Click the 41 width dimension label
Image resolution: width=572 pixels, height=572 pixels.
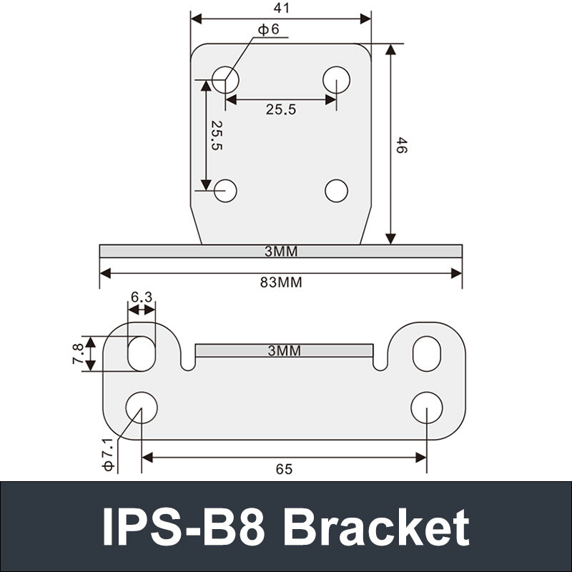tap(282, 8)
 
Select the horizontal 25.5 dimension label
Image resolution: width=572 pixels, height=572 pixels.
tap(281, 109)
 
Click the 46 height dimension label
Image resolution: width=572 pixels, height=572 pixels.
tap(402, 146)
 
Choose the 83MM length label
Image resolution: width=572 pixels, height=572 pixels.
tap(281, 282)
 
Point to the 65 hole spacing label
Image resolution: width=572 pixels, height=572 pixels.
tap(284, 469)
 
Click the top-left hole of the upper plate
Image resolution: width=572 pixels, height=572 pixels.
tap(225, 79)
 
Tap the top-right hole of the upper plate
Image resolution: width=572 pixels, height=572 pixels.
tap(336, 79)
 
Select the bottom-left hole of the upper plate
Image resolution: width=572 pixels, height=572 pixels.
tap(225, 190)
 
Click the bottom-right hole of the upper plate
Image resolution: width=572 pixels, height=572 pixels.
tap(336, 190)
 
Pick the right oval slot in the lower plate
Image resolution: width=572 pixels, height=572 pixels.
tap(427, 353)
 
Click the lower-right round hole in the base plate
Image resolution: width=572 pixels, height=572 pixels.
tap(427, 407)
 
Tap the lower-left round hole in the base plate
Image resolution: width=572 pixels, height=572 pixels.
tap(142, 407)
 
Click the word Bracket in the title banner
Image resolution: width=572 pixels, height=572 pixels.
tap(376, 528)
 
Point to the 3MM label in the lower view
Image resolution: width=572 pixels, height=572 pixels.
tap(284, 350)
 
